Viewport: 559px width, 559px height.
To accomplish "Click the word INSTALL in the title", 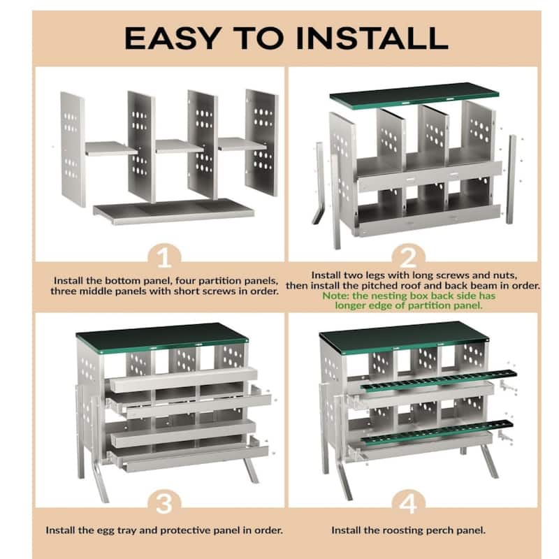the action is [x=372, y=38].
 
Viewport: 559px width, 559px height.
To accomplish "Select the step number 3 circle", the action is [x=164, y=503].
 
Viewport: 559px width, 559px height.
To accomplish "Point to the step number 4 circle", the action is [x=409, y=503].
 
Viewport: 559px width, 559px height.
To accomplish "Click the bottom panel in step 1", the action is [x=173, y=212].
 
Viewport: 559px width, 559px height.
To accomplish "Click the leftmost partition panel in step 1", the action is [x=73, y=149].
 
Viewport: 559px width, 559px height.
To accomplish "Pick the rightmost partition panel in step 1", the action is [x=261, y=143].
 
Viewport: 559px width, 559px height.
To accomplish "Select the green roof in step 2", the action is [x=414, y=94].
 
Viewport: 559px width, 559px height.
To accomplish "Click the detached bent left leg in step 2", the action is [x=319, y=183].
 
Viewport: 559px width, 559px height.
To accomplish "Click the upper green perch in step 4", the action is [x=439, y=381].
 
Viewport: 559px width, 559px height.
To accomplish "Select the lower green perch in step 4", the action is [x=437, y=433].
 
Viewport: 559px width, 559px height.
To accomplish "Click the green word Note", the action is [x=336, y=296].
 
